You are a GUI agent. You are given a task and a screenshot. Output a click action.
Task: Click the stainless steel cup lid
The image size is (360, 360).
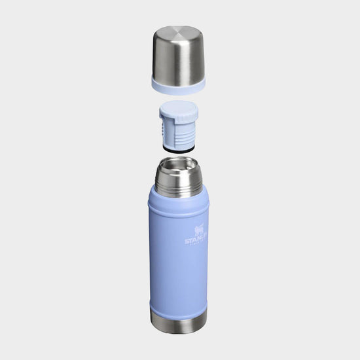click(x=178, y=56)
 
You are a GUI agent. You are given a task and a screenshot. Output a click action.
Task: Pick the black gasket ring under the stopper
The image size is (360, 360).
click(x=179, y=150)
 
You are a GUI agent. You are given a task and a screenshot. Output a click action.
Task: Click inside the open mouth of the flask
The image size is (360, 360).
click(x=179, y=164)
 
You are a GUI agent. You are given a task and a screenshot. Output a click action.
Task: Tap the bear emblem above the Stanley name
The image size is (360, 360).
click(x=198, y=230)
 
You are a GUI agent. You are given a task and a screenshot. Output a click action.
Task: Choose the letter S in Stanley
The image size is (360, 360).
click(x=187, y=241)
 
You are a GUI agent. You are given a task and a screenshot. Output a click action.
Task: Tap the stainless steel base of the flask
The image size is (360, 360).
click(x=178, y=321)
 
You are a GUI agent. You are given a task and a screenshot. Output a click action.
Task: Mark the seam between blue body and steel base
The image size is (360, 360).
click(x=178, y=312)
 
